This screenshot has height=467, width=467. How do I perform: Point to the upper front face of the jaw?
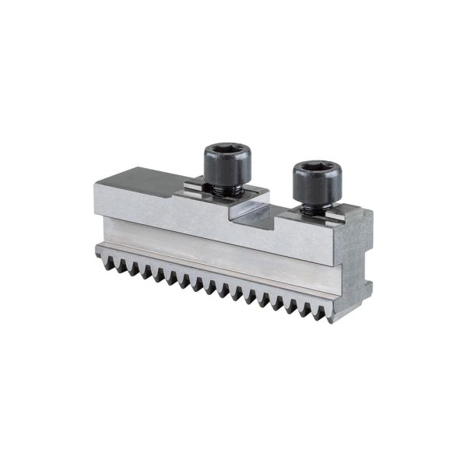[x=195, y=222]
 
